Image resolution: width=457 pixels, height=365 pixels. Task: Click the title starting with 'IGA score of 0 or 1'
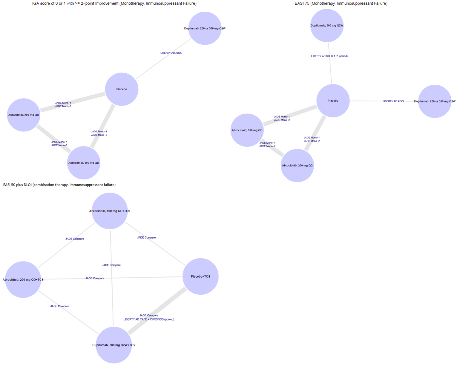coord(114,4)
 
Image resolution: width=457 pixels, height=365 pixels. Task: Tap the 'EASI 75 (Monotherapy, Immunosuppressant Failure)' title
coord(341,4)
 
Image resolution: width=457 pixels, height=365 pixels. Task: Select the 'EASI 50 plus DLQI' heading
coord(59,185)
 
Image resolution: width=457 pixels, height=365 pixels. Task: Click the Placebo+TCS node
coord(200,276)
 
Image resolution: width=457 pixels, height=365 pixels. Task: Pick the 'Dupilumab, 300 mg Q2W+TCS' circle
coord(114,345)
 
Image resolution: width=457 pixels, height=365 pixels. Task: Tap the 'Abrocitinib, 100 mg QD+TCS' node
coord(110,211)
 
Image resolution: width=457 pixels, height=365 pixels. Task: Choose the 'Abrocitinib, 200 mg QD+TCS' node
coord(23,280)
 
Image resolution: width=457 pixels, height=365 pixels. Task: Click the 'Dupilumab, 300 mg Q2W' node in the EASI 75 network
coord(327,26)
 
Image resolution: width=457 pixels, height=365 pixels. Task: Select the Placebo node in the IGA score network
coord(122,89)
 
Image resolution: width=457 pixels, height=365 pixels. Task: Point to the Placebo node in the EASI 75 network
coord(333,101)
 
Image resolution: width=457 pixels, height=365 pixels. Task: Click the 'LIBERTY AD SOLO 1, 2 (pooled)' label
coord(329,56)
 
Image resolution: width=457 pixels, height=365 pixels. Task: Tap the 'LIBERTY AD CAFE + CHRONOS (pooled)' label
coord(149,319)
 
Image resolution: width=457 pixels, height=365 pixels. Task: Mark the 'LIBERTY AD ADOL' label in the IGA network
coord(171,53)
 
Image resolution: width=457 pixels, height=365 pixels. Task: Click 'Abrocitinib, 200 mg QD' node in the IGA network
coord(24,115)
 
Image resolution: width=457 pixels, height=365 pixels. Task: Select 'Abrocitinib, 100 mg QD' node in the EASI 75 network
coord(247,130)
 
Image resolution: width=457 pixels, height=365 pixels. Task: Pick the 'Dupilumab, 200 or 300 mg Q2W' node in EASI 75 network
coord(435,101)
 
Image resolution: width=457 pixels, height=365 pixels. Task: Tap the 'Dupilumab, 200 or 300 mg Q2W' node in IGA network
coord(205,28)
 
